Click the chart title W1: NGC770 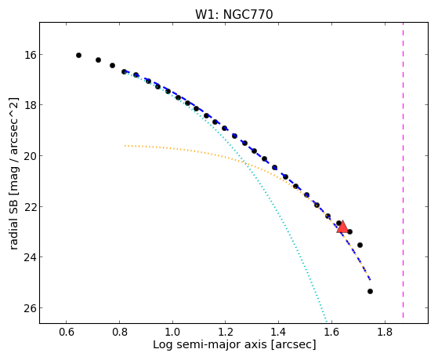[233, 14]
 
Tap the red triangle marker [342, 227]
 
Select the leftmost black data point [79, 56]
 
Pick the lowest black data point [370, 292]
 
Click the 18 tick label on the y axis [31, 105]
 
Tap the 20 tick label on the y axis [31, 156]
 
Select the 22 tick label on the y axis [31, 206]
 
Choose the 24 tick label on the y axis [31, 257]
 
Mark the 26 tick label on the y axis [31, 308]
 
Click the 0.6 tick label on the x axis [66, 332]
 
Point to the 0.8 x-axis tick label [120, 332]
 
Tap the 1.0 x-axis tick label [172, 332]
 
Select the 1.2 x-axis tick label [226, 332]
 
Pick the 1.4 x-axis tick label [278, 332]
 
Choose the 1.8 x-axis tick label [385, 332]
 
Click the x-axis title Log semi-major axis [210, 344]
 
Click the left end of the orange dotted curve [125, 146]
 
